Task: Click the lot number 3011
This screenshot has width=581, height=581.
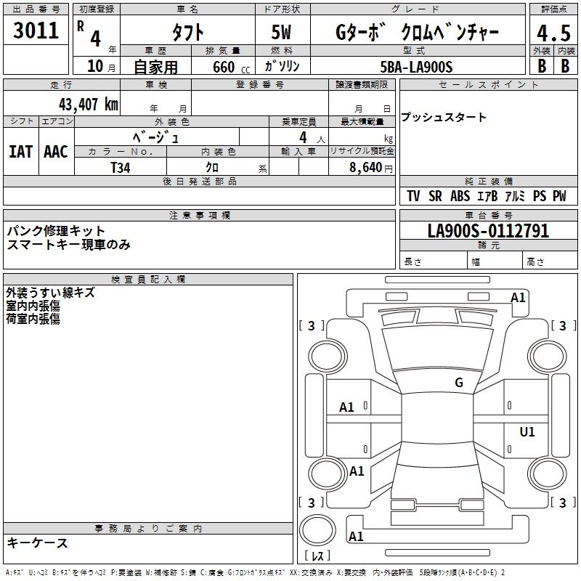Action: pyautogui.click(x=36, y=31)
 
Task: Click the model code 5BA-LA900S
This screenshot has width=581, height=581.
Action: pyautogui.click(x=416, y=67)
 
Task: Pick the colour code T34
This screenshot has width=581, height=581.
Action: pyautogui.click(x=121, y=167)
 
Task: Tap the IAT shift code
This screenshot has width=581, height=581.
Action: pyautogui.click(x=20, y=152)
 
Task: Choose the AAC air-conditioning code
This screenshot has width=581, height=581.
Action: pyautogui.click(x=56, y=152)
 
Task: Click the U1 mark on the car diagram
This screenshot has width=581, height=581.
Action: pyautogui.click(x=527, y=432)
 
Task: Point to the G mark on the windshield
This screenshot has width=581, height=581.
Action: pyautogui.click(x=459, y=383)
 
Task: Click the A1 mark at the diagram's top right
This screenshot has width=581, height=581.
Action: pyautogui.click(x=518, y=297)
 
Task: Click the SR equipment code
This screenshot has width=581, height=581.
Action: pyautogui.click(x=435, y=196)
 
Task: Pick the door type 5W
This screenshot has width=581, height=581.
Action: pyautogui.click(x=283, y=33)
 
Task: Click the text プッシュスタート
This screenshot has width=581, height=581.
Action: pyautogui.click(x=444, y=118)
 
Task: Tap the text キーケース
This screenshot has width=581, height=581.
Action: pyautogui.click(x=38, y=543)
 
